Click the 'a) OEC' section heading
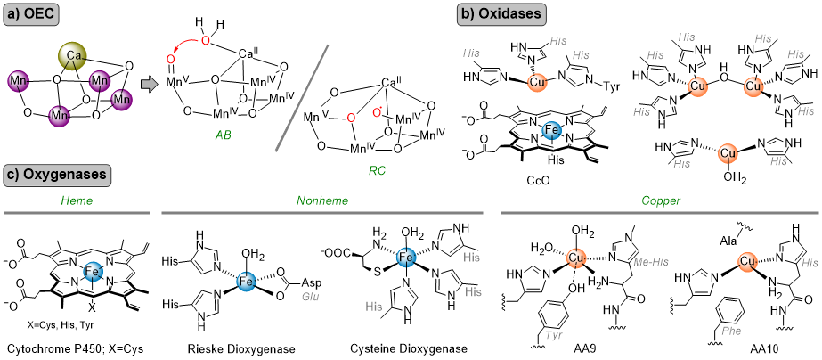pyautogui.click(x=32, y=15)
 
